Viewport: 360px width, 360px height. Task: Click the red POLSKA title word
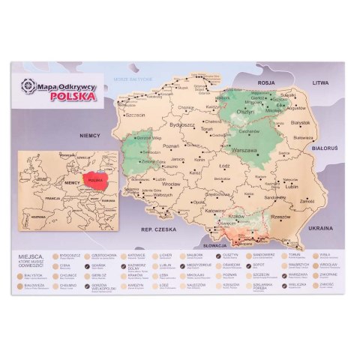(x=76, y=95)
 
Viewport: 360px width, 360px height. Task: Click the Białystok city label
(x=299, y=121)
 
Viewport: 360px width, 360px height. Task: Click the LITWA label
(x=321, y=84)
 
